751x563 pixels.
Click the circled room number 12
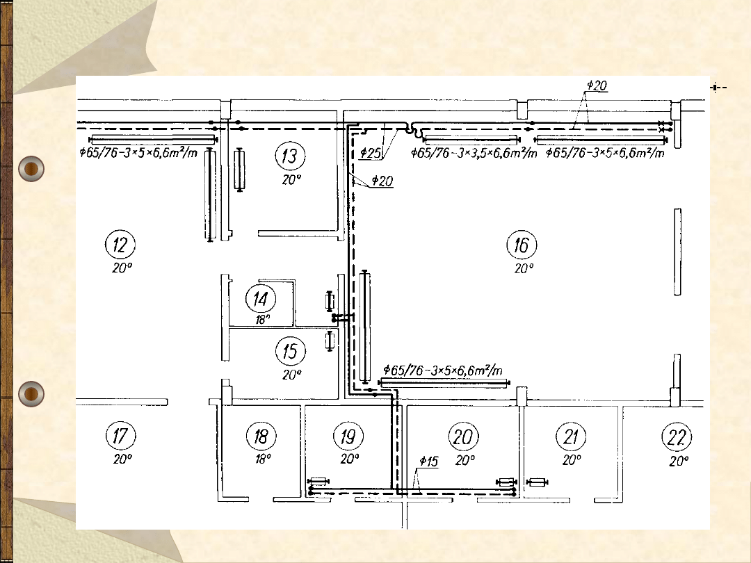pyautogui.click(x=120, y=245)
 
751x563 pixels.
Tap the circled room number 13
pyautogui.click(x=290, y=156)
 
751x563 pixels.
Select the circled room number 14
pyautogui.click(x=261, y=299)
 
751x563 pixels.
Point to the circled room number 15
pyautogui.click(x=291, y=350)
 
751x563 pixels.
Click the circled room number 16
pyautogui.click(x=522, y=245)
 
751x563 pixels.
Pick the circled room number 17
pyautogui.click(x=121, y=436)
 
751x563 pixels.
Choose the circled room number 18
pyautogui.click(x=261, y=436)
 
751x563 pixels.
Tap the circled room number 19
pyautogui.click(x=348, y=436)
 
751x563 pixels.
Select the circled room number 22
pyautogui.click(x=677, y=437)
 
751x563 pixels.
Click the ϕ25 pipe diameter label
pyautogui.click(x=370, y=153)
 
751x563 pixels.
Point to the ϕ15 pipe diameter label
pyautogui.click(x=428, y=462)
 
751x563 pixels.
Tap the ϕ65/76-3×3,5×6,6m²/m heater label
pyautogui.click(x=474, y=153)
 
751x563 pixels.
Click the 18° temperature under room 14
pyautogui.click(x=262, y=319)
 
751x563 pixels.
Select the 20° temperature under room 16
pyautogui.click(x=524, y=268)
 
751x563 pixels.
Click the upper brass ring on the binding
pyautogui.click(x=31, y=168)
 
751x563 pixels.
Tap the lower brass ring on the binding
pyautogui.click(x=31, y=394)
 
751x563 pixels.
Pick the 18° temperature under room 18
pyautogui.click(x=263, y=459)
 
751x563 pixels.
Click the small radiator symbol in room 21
pyautogui.click(x=537, y=482)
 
